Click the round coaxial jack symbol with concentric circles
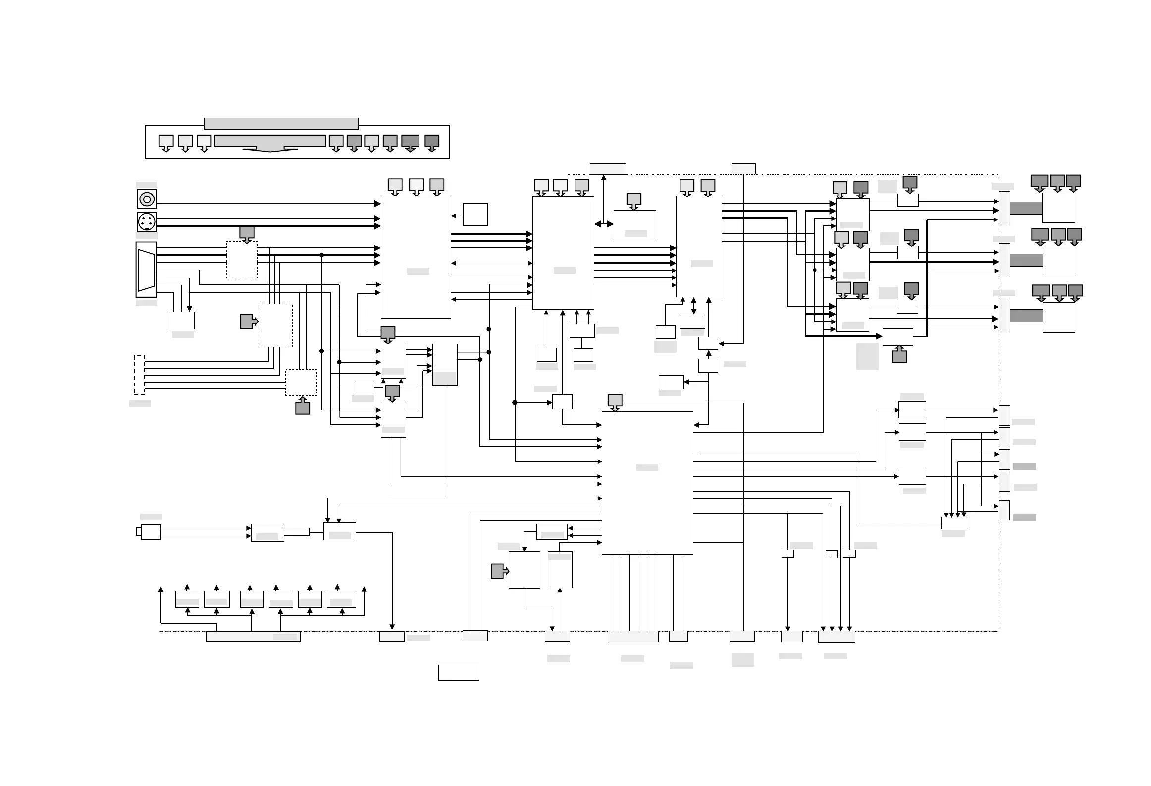tap(147, 199)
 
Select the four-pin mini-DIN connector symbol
tap(147, 221)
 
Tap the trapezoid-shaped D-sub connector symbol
tap(146, 270)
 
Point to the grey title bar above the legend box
tap(281, 123)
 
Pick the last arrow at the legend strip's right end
tap(432, 143)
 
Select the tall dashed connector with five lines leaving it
tap(140, 375)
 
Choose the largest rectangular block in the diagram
tap(647, 483)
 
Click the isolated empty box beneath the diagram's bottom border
tap(459, 672)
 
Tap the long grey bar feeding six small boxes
tap(253, 637)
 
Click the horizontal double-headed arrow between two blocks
tap(604, 224)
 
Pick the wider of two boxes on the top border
tap(608, 169)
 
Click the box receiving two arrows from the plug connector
tap(267, 533)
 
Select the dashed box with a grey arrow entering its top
tap(242, 259)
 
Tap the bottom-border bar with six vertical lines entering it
tap(633, 637)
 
